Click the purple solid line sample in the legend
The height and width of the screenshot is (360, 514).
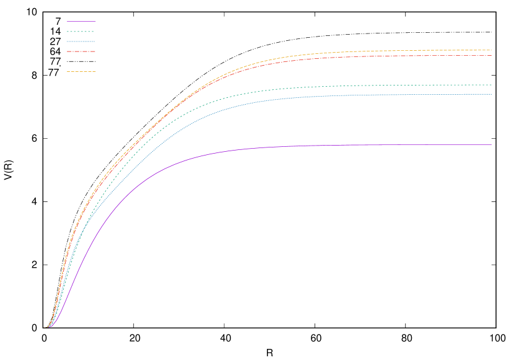pos(81,22)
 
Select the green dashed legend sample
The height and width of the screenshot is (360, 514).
pos(81,32)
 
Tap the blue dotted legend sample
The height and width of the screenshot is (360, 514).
pos(81,42)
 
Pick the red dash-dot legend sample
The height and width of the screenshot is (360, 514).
pos(81,51)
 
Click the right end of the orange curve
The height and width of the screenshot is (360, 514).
pos(491,50)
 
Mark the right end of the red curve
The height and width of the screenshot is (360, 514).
pos(491,56)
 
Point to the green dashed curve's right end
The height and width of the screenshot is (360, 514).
pos(491,85)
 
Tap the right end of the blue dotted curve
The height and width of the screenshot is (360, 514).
pos(491,94)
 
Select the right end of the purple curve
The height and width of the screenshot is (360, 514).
pos(491,145)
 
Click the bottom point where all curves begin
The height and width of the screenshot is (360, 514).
pos(48,327)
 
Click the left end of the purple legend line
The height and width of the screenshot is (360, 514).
pos(68,22)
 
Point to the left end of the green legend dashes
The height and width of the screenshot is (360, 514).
pos(68,32)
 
